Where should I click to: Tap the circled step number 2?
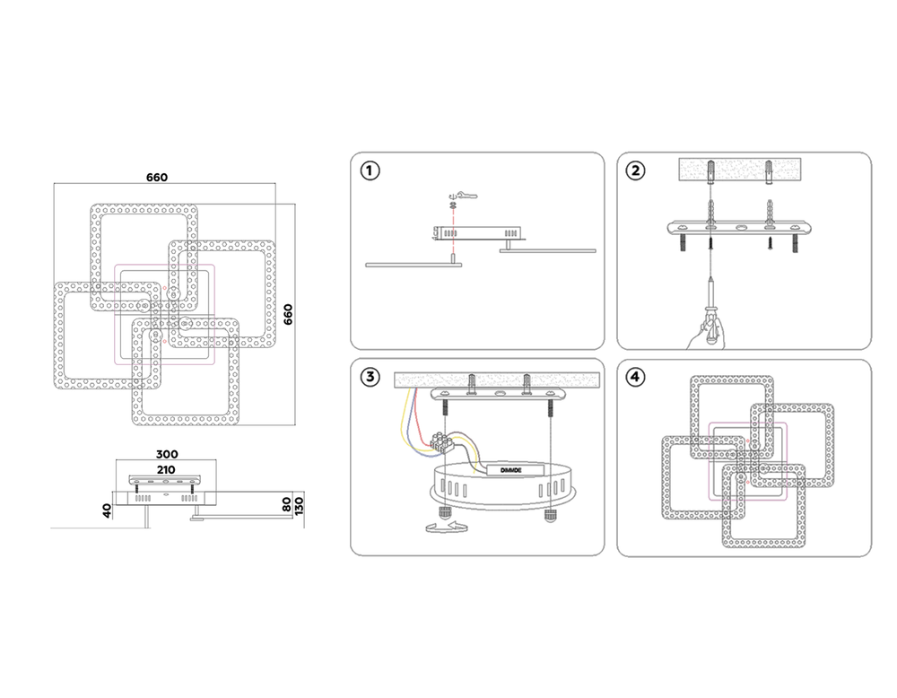pyautogui.click(x=635, y=170)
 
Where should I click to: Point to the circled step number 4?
pyautogui.click(x=635, y=377)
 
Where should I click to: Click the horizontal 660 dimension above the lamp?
pyautogui.click(x=157, y=178)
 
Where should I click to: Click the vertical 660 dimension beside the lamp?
pyautogui.click(x=289, y=315)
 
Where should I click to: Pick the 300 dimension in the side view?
pyautogui.click(x=168, y=454)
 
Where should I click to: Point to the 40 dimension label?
pyautogui.click(x=107, y=510)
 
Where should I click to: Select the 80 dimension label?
pyautogui.click(x=286, y=504)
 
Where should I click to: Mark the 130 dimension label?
pyautogui.click(x=300, y=504)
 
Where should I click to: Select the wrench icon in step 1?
pyautogui.click(x=466, y=193)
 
